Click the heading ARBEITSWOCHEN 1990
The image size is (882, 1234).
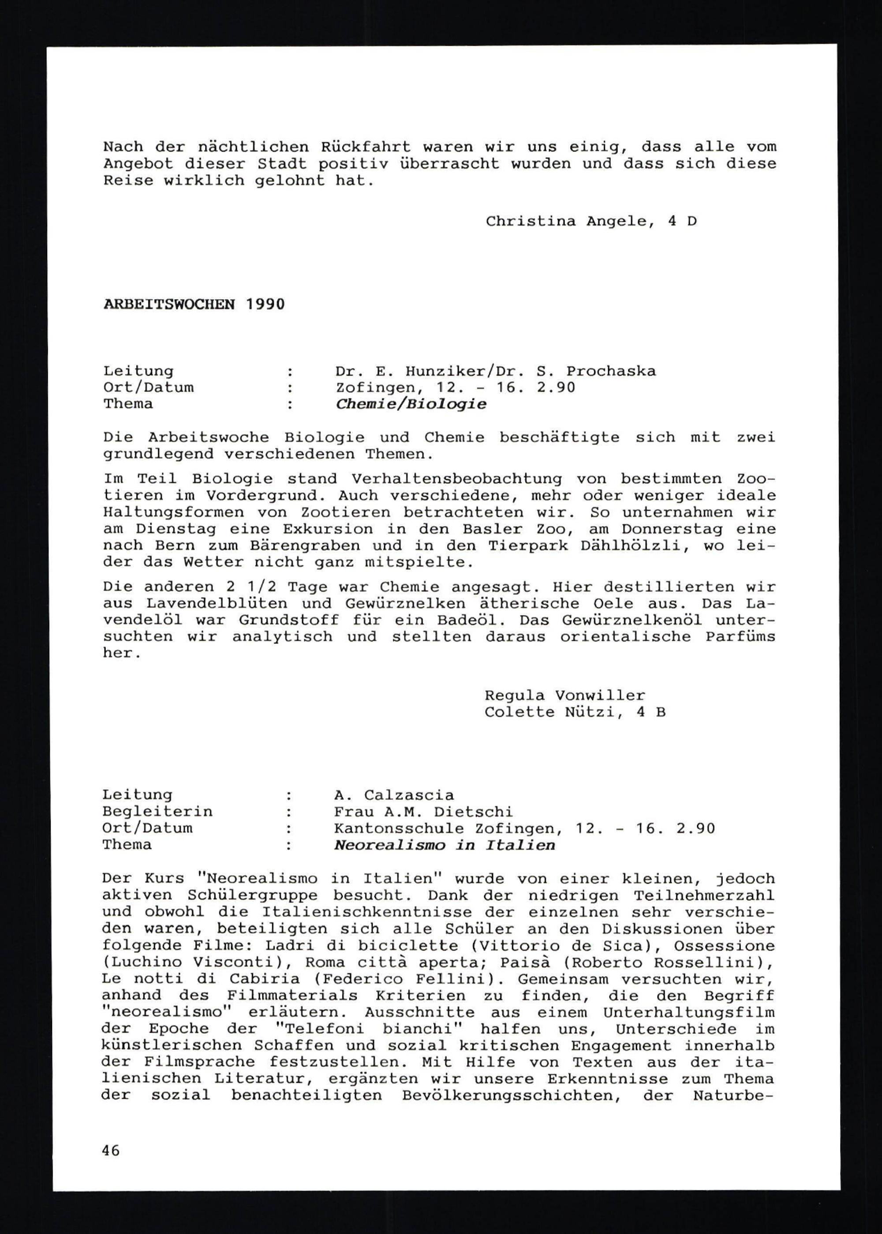[194, 304]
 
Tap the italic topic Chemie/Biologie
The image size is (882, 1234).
[411, 404]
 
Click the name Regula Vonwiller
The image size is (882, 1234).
[565, 696]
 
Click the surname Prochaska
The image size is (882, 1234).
[611, 371]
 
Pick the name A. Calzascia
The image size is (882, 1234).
[394, 795]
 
